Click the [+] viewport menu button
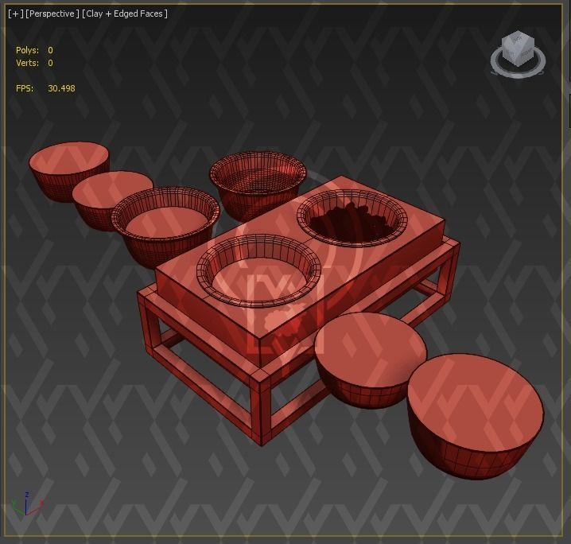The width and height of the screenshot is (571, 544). pos(15,14)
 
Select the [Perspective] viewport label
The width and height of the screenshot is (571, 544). pos(52,14)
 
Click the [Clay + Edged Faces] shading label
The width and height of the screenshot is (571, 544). pos(125,14)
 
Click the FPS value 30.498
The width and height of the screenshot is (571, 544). pos(61,88)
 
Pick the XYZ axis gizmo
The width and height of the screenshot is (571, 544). pos(26,506)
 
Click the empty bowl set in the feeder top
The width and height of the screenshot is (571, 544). pos(258,270)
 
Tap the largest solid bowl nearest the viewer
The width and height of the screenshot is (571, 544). pos(475,414)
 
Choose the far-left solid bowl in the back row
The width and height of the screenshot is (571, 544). pos(68,168)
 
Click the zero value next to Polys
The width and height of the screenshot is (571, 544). pos(50,50)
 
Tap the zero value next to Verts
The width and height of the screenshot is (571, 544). pos(50,63)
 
